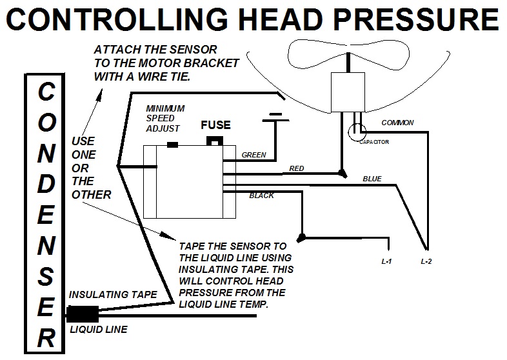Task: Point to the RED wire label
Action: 296,168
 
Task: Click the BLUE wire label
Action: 372,177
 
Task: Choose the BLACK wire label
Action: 261,195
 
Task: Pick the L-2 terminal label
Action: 426,262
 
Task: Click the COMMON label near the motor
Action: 397,123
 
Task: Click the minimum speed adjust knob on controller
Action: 172,145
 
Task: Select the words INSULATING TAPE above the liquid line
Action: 113,294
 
